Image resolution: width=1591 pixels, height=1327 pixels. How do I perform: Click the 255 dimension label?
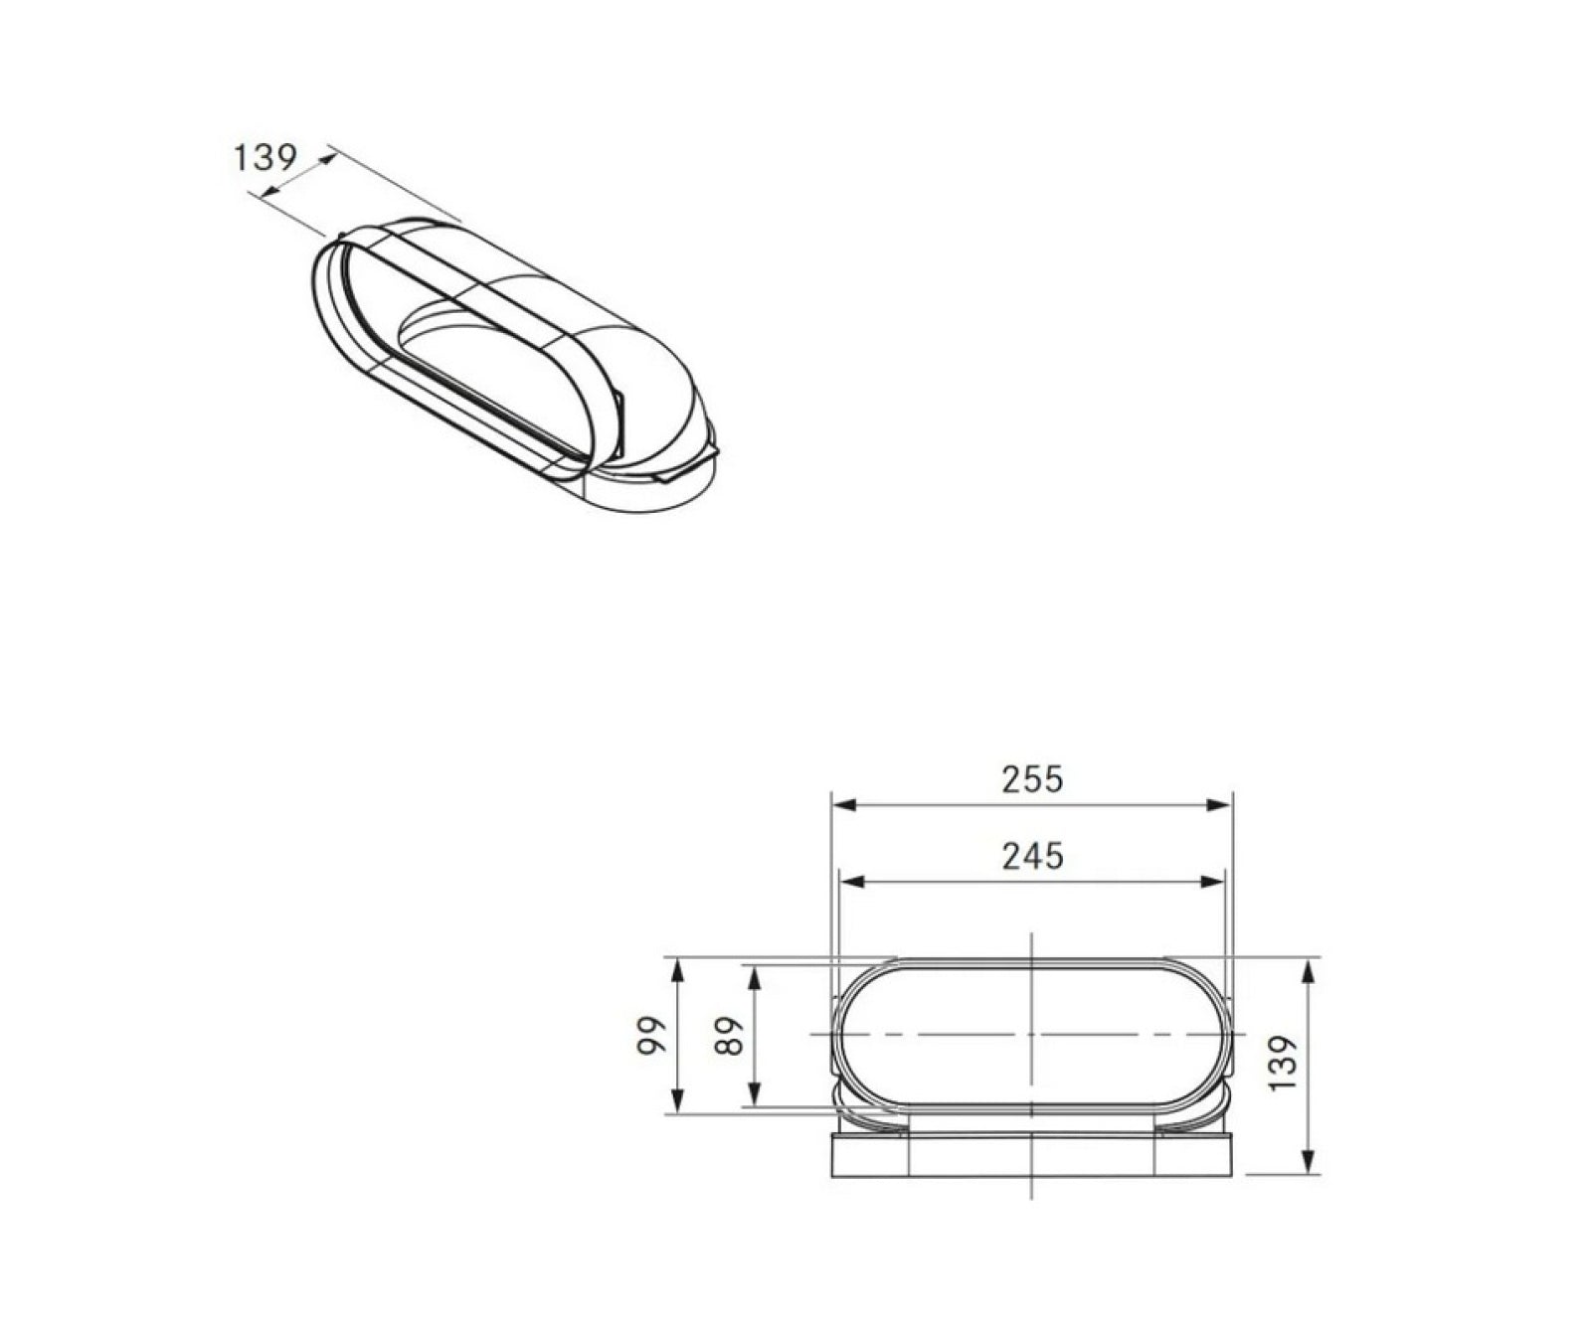click(x=1032, y=779)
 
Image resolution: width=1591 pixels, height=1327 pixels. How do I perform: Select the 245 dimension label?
click(x=1032, y=856)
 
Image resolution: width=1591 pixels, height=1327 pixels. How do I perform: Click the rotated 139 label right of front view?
click(x=1284, y=1063)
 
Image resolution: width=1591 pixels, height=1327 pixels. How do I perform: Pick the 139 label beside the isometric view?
click(x=265, y=157)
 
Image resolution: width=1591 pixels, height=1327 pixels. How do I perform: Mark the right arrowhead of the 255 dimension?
click(x=1220, y=804)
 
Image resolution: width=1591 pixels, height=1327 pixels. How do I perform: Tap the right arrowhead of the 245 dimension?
click(x=1212, y=881)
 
